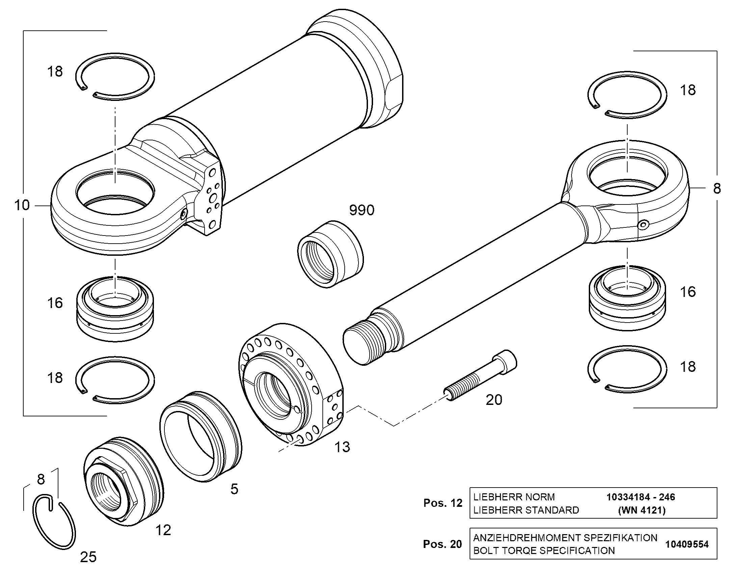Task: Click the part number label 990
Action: (x=362, y=210)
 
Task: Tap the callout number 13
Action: (x=342, y=447)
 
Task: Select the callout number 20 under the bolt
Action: (x=494, y=400)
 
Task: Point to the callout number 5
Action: (x=234, y=489)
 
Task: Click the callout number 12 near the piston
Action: (x=163, y=530)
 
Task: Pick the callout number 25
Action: (x=88, y=557)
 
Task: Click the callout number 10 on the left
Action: (x=22, y=205)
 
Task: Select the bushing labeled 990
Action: (x=330, y=254)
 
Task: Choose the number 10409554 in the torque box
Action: (x=687, y=544)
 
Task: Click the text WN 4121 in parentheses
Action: (x=642, y=510)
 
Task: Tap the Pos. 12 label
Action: (x=443, y=503)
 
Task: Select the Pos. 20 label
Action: (x=443, y=544)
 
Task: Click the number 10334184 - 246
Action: (x=641, y=497)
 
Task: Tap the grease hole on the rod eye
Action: (x=643, y=225)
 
